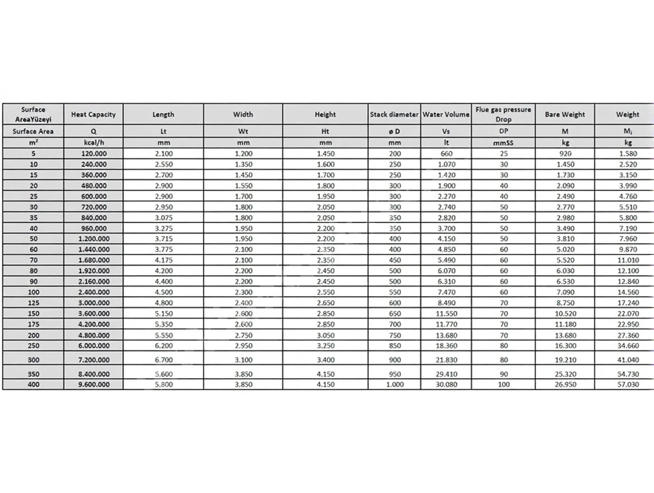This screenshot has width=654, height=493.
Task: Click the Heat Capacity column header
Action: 93,114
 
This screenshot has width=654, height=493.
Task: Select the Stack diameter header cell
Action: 394,114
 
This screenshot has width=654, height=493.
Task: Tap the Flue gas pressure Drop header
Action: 503,114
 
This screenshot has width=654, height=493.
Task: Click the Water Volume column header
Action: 446,114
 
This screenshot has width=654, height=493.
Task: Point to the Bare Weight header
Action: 564,114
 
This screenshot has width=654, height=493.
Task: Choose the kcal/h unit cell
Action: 93,143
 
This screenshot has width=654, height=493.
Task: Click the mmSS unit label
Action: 503,143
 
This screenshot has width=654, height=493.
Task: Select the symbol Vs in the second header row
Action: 446,132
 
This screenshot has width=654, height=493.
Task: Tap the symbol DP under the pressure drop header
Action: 503,132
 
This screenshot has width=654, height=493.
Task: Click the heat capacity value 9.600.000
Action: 94,384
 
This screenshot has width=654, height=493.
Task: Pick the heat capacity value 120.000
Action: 94,154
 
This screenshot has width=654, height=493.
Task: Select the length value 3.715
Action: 163,239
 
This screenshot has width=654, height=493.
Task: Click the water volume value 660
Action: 446,154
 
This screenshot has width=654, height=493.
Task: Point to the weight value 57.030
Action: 627,384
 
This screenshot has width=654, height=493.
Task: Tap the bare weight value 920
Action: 564,154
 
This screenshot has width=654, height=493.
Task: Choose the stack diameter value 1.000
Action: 394,384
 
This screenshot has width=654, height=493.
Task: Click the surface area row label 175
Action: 33,324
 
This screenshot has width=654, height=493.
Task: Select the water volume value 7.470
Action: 446,292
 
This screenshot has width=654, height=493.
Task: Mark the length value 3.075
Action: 163,217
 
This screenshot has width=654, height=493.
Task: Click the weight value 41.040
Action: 627,360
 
